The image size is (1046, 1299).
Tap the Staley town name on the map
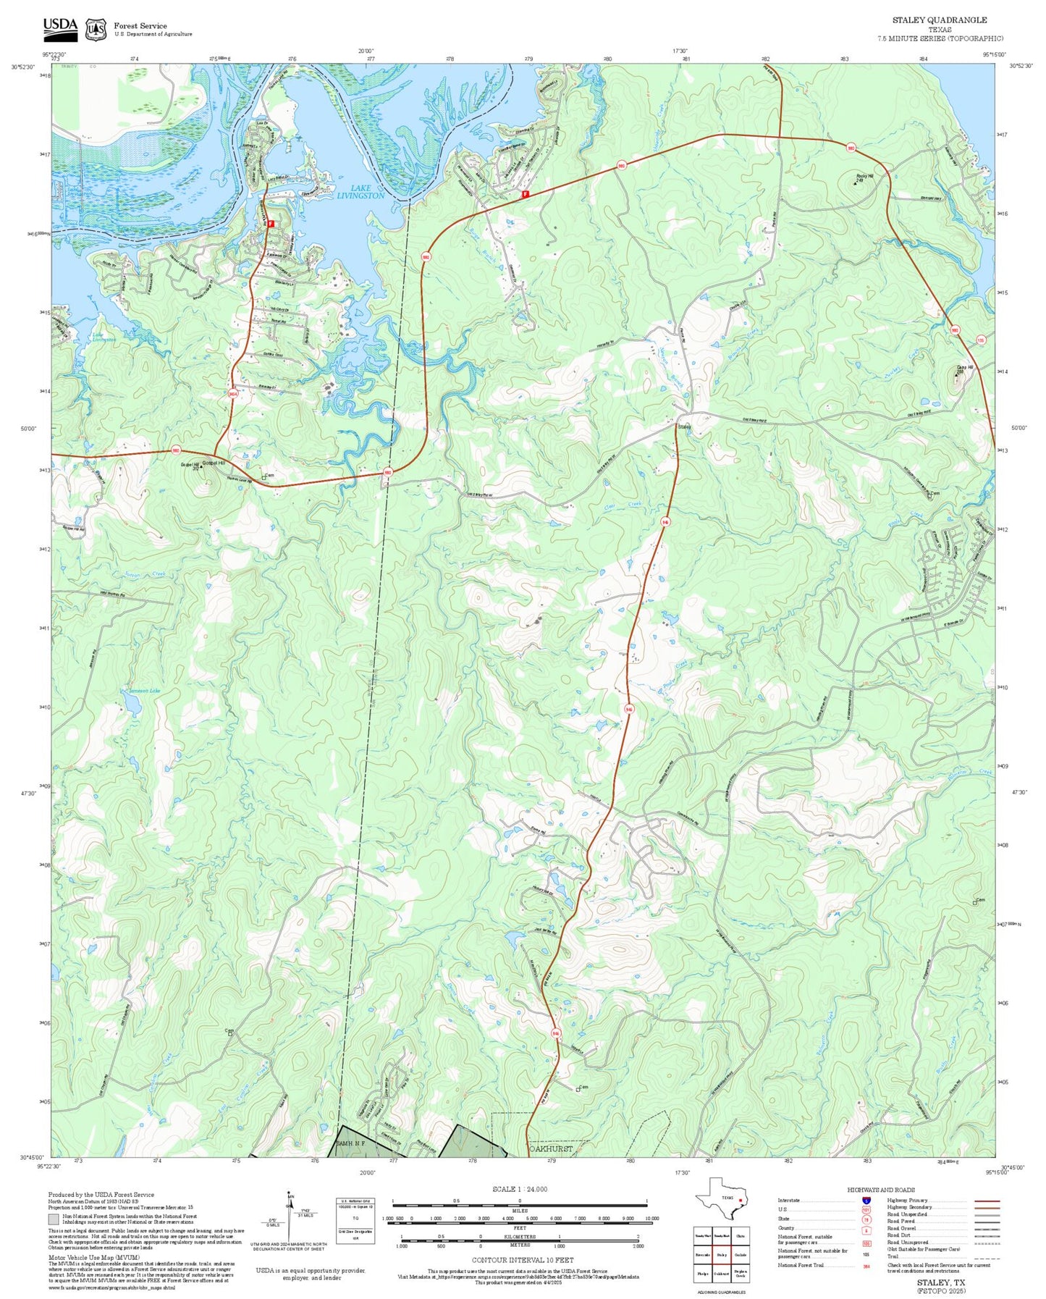[684, 427]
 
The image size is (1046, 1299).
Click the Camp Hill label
[964, 368]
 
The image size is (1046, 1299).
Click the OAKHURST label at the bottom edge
[551, 1149]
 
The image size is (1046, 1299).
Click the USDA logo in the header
[60, 28]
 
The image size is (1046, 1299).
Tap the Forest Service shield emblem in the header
[96, 30]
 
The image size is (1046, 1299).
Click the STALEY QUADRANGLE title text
[939, 20]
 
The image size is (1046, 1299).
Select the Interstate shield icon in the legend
[866, 1201]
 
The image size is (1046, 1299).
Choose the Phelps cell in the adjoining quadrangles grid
[702, 1274]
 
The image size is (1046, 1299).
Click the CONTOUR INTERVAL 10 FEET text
[522, 1260]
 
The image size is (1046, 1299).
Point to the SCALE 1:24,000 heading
[520, 1189]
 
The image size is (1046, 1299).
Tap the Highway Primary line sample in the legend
[987, 1201]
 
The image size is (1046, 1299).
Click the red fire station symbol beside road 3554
[271, 224]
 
